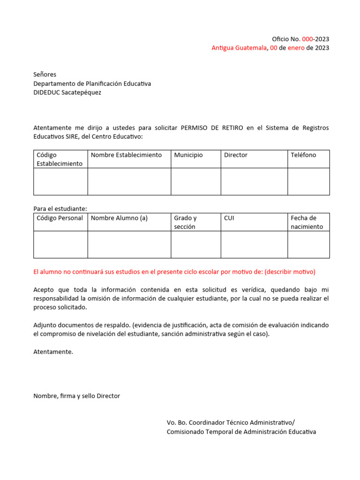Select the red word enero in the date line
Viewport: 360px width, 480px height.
coord(296,48)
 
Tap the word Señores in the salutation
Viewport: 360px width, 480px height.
coord(45,75)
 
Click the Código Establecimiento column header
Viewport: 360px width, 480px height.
coord(60,159)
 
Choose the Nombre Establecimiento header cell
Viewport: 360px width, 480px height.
coord(126,155)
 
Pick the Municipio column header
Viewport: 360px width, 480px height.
coord(188,155)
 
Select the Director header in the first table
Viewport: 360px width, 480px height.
coord(236,155)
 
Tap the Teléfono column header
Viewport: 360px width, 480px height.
coord(303,155)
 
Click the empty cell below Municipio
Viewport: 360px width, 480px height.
coord(195,181)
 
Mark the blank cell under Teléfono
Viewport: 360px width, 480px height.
coord(308,181)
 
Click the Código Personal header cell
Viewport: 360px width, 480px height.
coord(60,218)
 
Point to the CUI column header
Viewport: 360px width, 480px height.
coord(229,218)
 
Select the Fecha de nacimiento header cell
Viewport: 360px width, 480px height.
coord(307,222)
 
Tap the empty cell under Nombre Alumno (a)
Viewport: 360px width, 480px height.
coord(129,244)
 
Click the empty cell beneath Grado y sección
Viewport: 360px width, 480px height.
coord(195,244)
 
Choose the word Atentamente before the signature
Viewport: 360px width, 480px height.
coord(53,352)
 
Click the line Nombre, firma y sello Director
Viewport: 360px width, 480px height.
coord(76,396)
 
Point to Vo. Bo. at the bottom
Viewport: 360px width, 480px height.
coord(177,422)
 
